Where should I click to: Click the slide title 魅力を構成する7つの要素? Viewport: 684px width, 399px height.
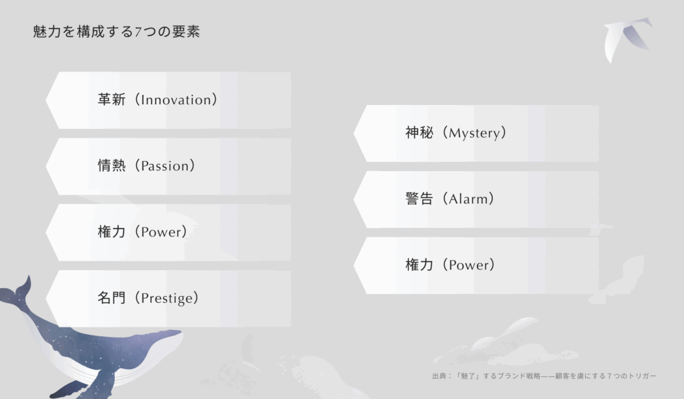click(x=116, y=32)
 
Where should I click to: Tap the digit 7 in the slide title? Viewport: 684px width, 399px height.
click(x=138, y=32)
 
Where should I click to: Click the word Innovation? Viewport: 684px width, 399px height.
click(x=176, y=100)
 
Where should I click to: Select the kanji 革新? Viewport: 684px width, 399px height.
click(x=112, y=100)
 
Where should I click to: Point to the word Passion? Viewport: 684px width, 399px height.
click(x=165, y=166)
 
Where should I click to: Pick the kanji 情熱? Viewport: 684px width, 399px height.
click(x=112, y=166)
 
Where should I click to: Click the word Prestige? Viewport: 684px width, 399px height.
click(x=166, y=299)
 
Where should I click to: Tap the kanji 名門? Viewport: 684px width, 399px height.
click(x=112, y=297)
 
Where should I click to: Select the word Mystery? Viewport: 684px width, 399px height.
click(x=475, y=133)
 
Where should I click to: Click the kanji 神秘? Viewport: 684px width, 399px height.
click(x=419, y=132)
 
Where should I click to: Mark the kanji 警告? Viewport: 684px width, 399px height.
click(x=419, y=198)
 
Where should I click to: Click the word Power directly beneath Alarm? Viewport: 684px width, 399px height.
click(x=469, y=265)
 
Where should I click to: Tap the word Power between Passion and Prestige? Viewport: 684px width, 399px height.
click(x=161, y=232)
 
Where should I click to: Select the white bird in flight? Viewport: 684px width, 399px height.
click(x=627, y=38)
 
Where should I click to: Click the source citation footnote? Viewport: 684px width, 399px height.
click(x=544, y=376)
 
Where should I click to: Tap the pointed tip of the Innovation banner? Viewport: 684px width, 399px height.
click(x=46, y=100)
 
